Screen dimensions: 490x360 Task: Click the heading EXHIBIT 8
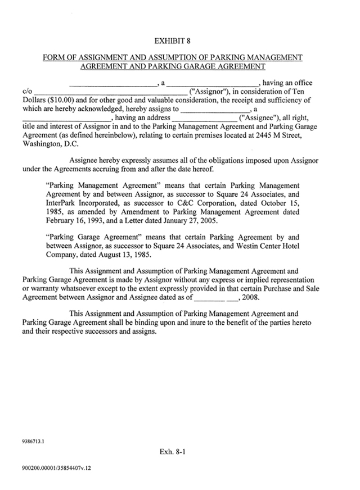(173, 41)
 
